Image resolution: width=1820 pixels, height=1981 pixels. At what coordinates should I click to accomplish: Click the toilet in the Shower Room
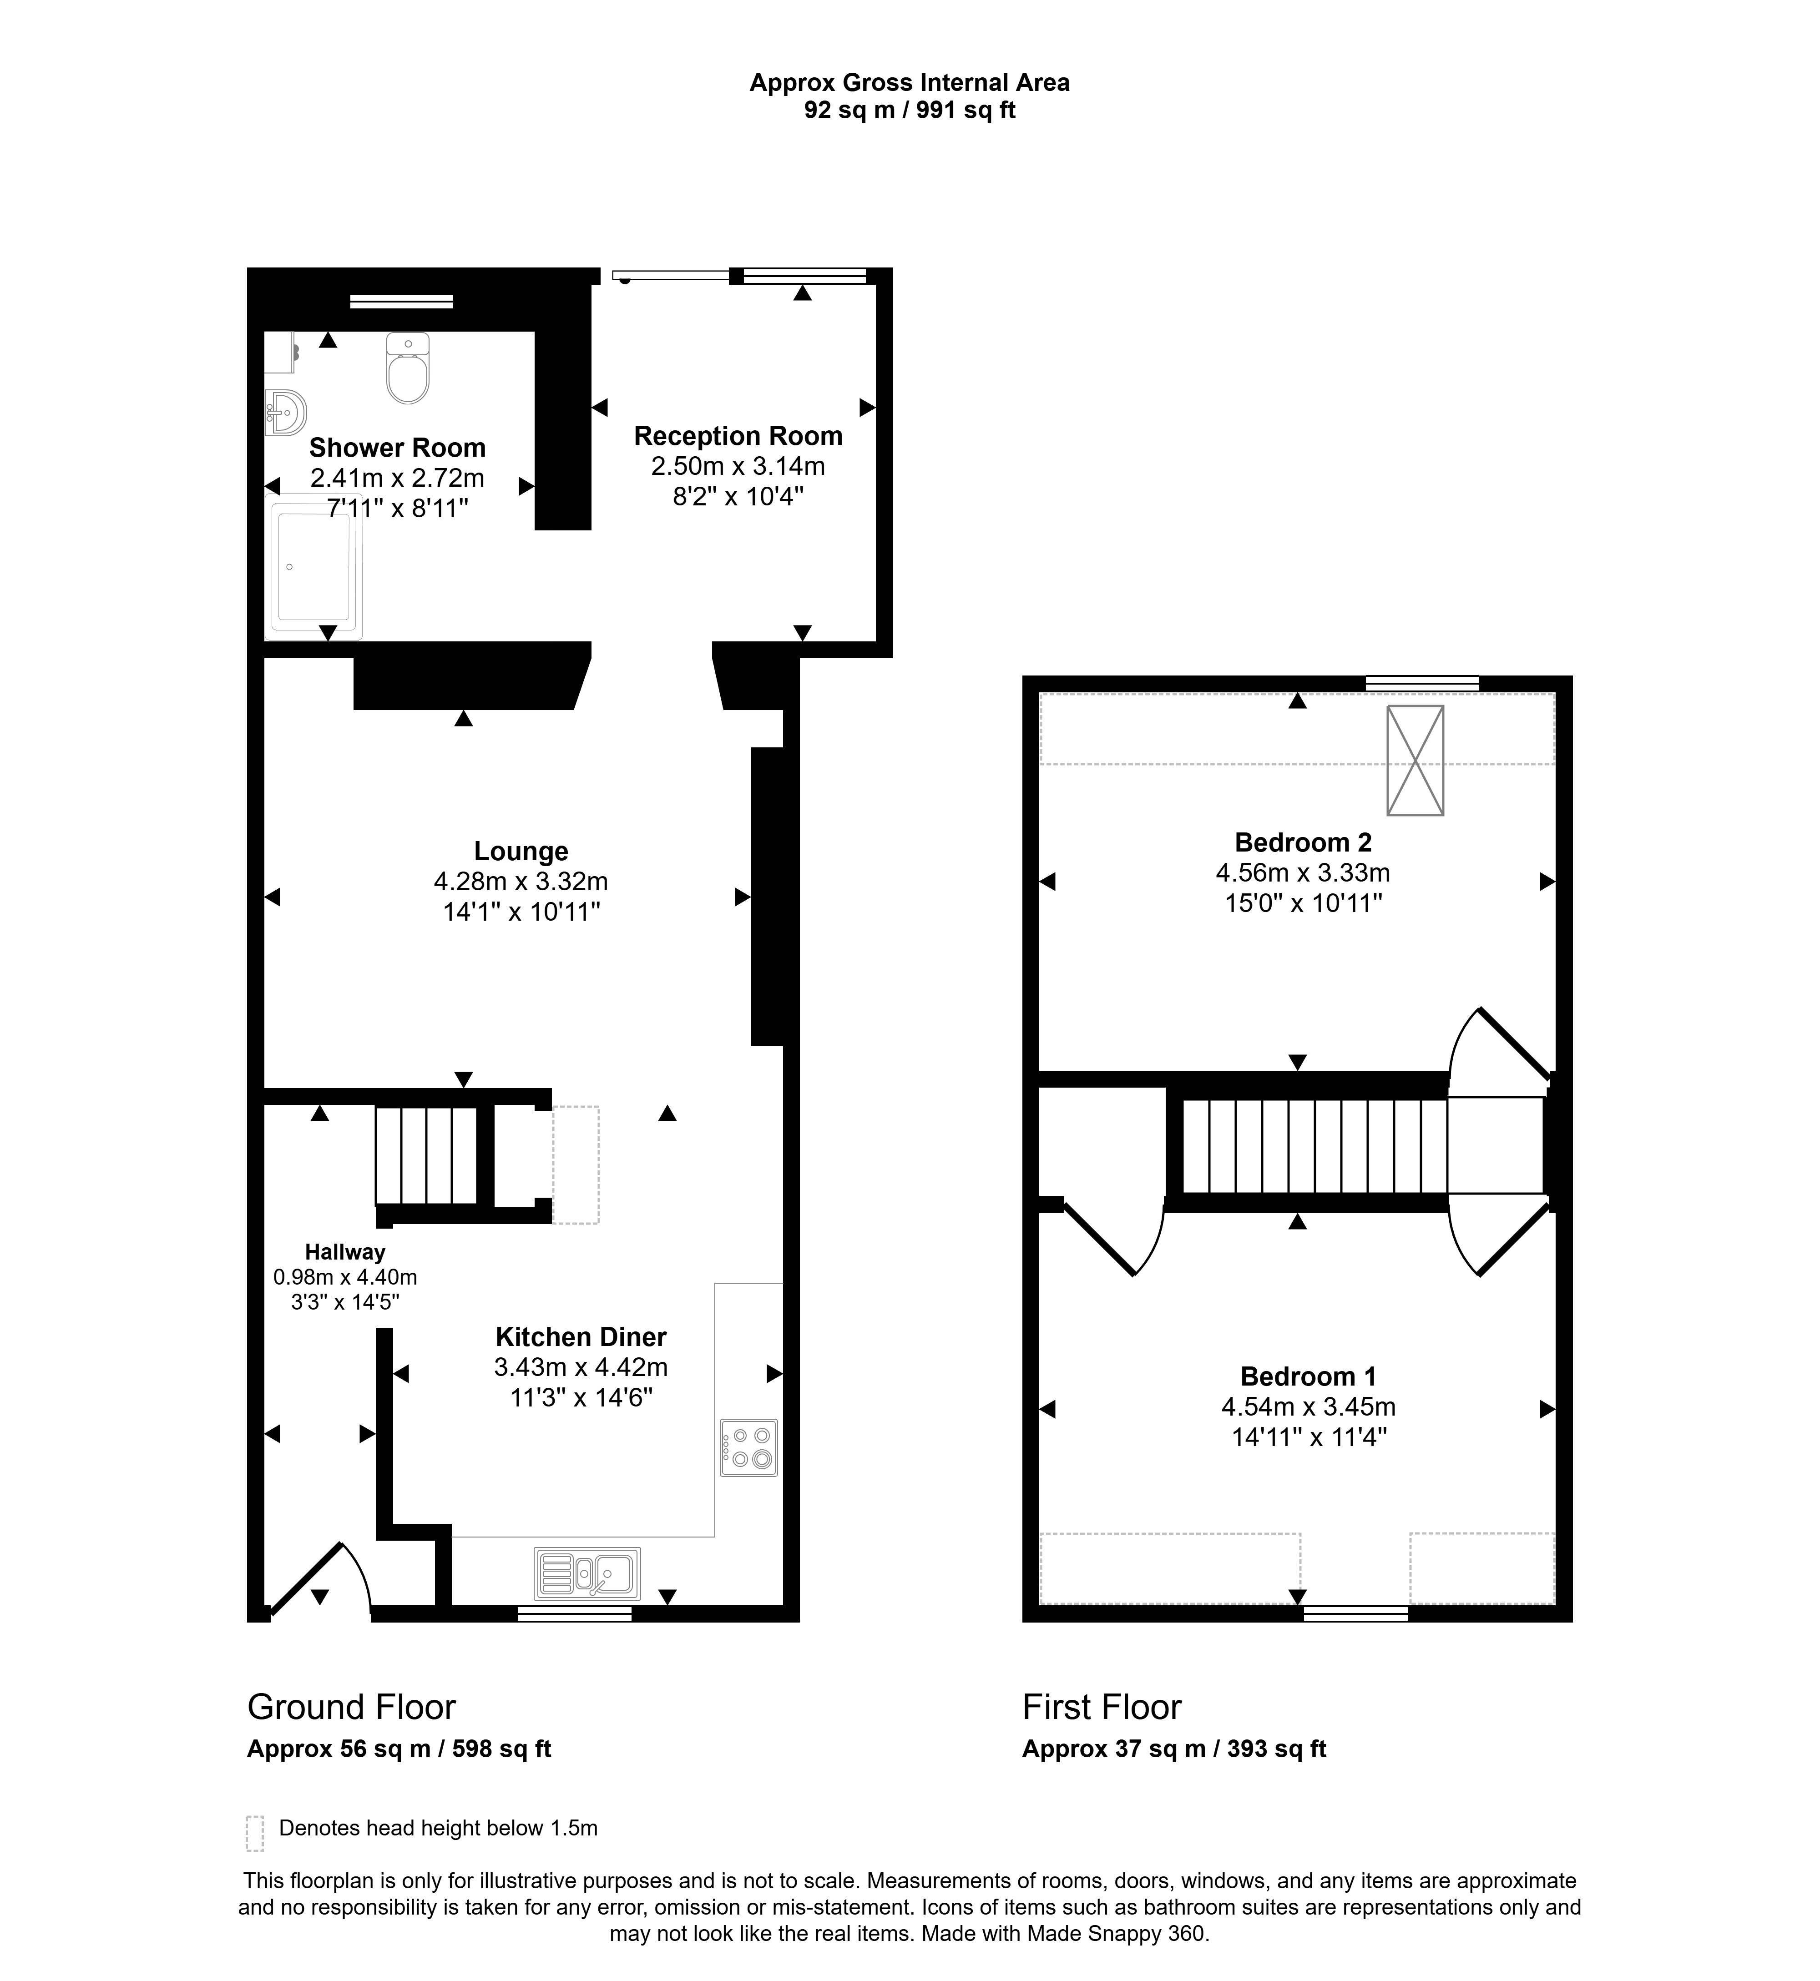408,368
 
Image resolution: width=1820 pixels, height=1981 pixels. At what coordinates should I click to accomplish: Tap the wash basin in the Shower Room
286,413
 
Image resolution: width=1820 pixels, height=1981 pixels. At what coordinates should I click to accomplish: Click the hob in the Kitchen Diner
748,1447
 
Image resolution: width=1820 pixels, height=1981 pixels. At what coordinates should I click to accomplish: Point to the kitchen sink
587,1573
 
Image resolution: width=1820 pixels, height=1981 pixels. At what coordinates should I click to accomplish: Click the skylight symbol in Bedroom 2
1415,760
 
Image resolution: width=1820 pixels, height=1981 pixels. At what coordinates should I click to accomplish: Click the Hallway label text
345,1252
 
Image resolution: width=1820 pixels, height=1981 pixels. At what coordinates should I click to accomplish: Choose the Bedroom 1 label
1309,1376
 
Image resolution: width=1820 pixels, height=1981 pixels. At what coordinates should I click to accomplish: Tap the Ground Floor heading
352,1706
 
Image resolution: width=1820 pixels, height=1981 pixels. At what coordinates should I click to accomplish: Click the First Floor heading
1102,1706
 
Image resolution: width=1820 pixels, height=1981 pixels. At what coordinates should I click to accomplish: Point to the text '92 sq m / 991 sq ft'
910,110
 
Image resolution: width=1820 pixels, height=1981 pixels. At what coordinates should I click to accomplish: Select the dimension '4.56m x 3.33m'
1303,872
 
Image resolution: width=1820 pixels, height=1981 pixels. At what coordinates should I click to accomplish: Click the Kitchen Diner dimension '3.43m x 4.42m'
581,1366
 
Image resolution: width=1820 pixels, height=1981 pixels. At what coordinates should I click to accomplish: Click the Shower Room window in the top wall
402,301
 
